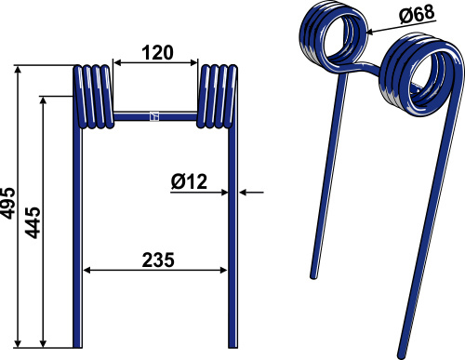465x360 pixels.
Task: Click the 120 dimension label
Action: (x=158, y=52)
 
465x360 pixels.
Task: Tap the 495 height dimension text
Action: (x=7, y=203)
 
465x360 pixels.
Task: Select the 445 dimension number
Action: (x=33, y=222)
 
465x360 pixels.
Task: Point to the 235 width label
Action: (x=158, y=260)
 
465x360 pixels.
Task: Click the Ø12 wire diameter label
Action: (x=189, y=181)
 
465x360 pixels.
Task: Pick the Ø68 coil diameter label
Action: (x=417, y=14)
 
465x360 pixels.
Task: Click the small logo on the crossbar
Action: (x=154, y=116)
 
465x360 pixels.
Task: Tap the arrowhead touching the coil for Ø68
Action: (x=371, y=32)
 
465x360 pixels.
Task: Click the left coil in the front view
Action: (x=93, y=97)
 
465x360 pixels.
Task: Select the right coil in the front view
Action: (x=218, y=97)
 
